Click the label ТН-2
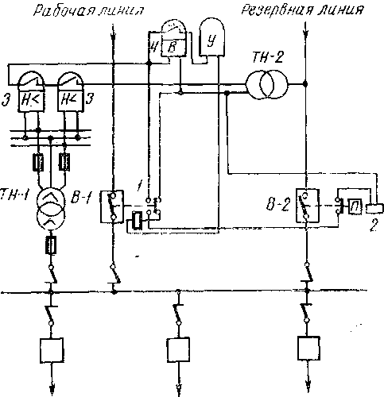pos(268,57)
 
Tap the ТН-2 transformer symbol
pos(266,84)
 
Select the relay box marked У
pos(212,37)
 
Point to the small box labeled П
pos(355,206)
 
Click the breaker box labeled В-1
pos(112,206)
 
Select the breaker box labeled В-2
pos(307,205)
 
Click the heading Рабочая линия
pos(88,11)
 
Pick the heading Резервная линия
pos(302,10)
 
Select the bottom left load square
pos(52,350)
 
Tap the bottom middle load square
pos(178,349)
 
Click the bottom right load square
pos(308,348)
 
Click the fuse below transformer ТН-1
pos(52,245)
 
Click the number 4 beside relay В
pos(153,48)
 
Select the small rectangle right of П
pos(375,208)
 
